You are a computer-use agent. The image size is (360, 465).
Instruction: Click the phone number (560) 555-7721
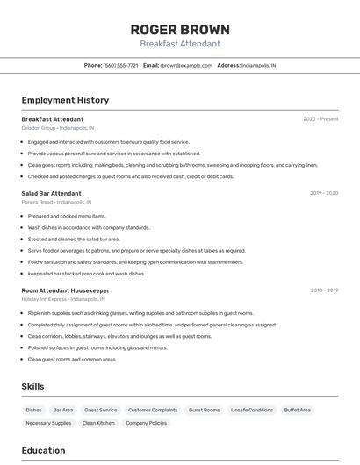click(121, 65)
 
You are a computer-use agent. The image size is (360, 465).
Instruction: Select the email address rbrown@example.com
click(186, 65)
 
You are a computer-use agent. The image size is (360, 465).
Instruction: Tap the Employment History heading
click(65, 100)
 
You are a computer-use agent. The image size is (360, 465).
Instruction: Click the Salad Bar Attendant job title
click(51, 193)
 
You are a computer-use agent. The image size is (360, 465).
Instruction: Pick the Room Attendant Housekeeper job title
click(65, 290)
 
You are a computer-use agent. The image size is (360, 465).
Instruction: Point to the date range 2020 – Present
click(320, 119)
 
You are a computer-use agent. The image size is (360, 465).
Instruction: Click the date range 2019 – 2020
click(324, 193)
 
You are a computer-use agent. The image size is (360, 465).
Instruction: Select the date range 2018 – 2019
click(324, 290)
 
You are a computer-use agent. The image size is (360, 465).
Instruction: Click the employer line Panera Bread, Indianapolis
click(59, 202)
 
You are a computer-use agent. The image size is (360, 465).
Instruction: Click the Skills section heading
click(33, 386)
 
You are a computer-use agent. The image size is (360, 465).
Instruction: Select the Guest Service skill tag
click(100, 410)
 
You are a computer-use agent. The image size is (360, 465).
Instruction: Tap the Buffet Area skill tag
click(298, 410)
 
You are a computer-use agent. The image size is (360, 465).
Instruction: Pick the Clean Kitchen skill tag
click(98, 423)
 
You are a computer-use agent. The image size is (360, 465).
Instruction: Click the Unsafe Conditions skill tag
click(252, 410)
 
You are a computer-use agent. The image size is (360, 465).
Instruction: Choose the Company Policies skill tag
click(146, 423)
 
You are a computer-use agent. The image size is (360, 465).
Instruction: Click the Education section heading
click(43, 450)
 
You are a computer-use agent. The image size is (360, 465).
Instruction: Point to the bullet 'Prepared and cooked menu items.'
click(67, 216)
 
